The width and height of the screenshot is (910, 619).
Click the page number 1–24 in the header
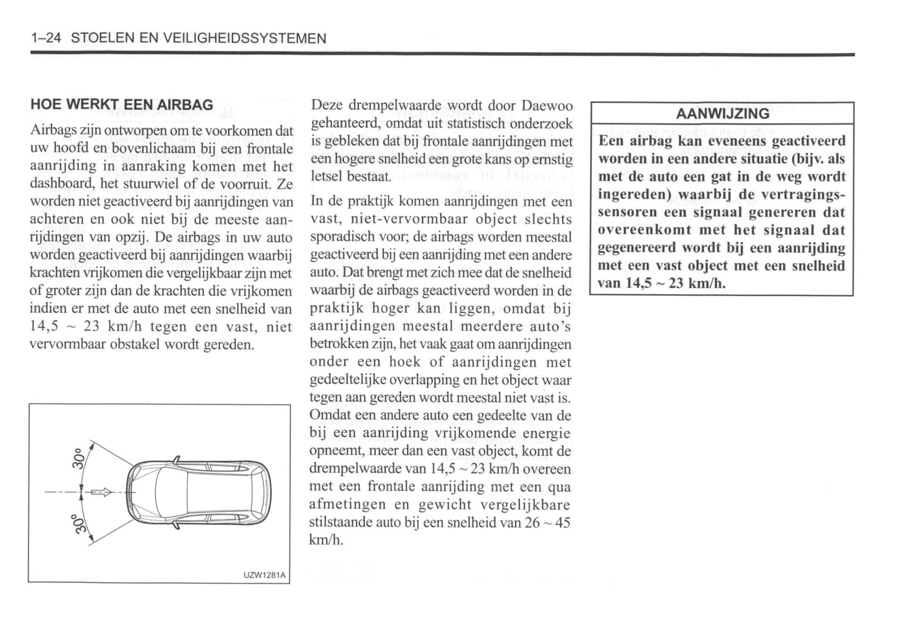[45, 38]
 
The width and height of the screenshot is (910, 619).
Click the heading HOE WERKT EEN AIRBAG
[122, 105]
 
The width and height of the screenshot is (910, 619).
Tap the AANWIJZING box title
[722, 114]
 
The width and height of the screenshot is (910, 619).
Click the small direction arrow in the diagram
[100, 492]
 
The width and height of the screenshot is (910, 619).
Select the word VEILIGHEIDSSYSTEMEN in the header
[244, 38]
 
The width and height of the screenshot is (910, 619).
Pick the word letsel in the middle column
[325, 177]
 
